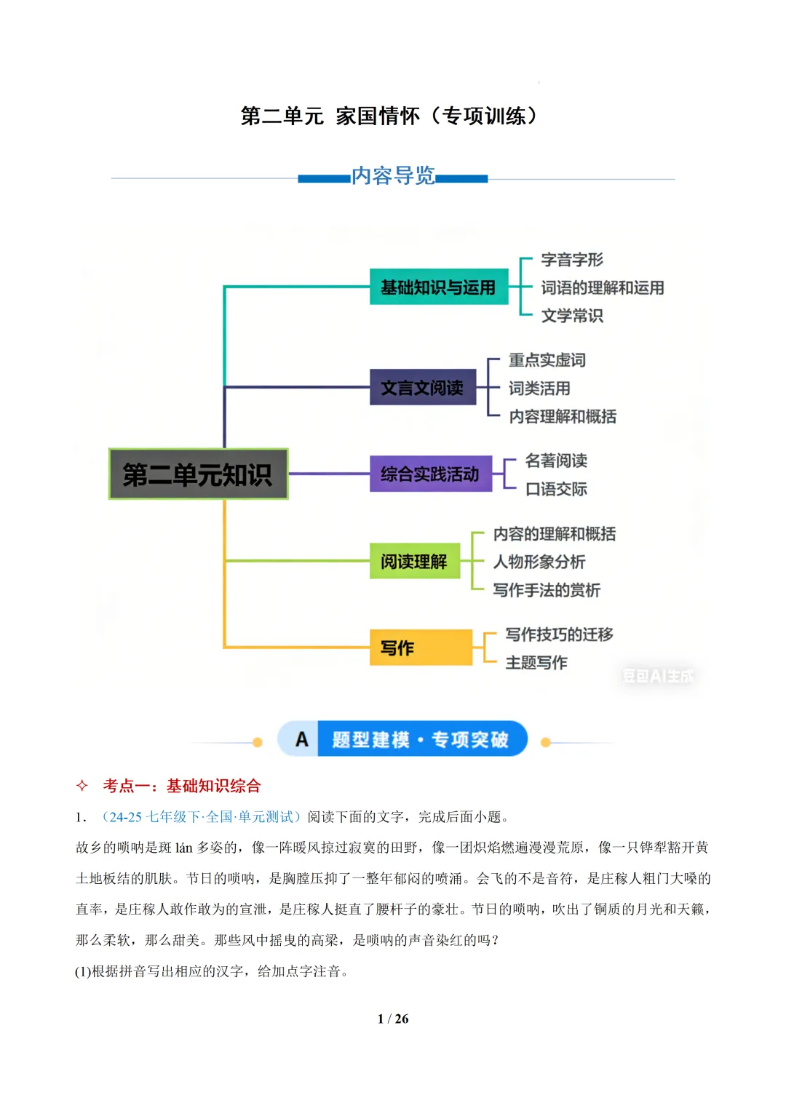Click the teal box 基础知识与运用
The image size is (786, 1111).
point(438,287)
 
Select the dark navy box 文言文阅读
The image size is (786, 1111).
point(422,388)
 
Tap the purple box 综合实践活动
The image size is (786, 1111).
point(430,474)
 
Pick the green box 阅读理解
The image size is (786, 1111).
point(414,561)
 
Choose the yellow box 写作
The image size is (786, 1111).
point(420,648)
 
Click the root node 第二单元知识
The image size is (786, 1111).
point(198,474)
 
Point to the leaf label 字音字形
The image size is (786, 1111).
point(572,260)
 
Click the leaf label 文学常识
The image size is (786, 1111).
point(572,316)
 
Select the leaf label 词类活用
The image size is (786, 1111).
point(539,389)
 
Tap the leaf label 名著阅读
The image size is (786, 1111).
point(556,461)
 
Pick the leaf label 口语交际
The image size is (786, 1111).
point(556,489)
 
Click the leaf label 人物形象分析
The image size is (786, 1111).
point(539,562)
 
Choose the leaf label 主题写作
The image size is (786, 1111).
point(536,663)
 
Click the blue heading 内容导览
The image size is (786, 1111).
point(393,176)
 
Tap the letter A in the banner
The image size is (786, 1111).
point(302,740)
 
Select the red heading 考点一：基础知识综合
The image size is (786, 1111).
point(182,786)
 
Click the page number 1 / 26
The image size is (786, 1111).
point(393,1019)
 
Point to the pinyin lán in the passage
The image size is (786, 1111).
point(183,848)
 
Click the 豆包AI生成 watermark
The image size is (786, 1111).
point(657,676)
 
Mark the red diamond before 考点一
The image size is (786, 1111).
point(82,786)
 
